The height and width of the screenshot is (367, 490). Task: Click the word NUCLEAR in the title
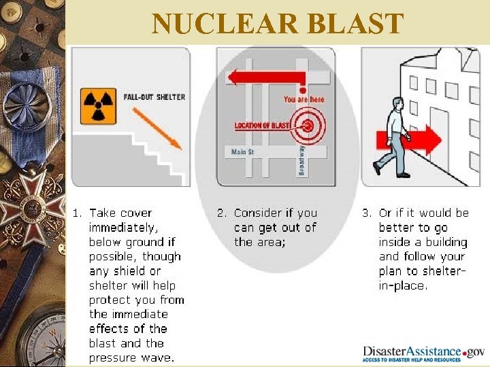225,24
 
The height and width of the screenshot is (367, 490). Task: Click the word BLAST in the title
356,24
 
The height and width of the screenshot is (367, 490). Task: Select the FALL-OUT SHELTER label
154,97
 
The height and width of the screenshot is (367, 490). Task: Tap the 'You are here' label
304,99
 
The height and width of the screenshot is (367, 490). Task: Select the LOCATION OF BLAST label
262,126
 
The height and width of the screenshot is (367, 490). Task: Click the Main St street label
243,152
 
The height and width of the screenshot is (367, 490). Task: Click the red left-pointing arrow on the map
265,77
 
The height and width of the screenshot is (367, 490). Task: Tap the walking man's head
397,103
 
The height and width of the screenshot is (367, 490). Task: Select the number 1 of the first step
76,213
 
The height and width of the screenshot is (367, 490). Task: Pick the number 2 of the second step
220,213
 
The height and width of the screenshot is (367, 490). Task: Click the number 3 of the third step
365,213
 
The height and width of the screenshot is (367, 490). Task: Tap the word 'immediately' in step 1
123,228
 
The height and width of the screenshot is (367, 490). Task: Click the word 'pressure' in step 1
112,357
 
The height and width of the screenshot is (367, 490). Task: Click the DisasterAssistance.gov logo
423,353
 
